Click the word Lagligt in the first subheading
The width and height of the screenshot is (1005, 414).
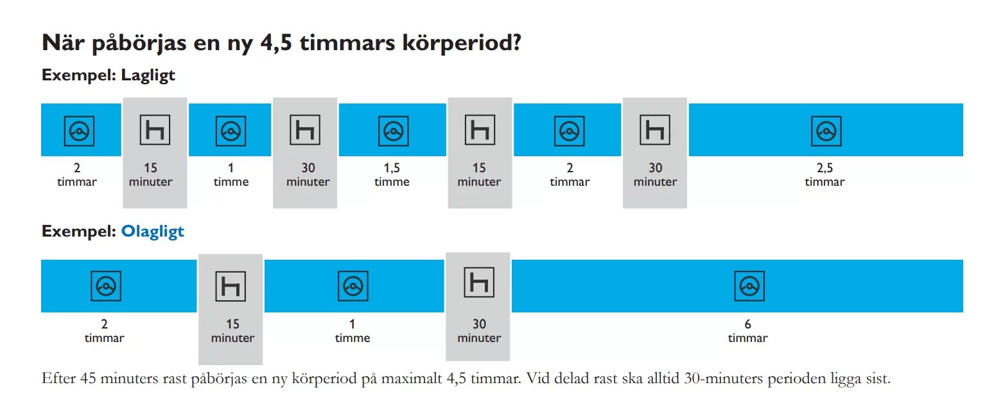point(148,75)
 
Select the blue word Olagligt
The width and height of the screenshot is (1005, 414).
point(152,231)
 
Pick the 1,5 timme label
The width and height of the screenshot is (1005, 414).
point(392,175)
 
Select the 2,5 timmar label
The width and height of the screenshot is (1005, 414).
point(825,175)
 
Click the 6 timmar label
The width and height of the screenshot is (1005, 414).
point(747,331)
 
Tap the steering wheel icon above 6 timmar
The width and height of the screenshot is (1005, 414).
point(748,287)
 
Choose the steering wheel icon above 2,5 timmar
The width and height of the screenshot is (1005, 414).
point(825,131)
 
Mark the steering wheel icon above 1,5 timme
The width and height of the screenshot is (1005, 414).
point(392,131)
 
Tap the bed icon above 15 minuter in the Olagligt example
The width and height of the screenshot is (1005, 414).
point(231,286)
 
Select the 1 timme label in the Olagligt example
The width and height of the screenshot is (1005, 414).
point(353,331)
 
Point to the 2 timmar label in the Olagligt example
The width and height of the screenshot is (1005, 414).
point(104,331)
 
